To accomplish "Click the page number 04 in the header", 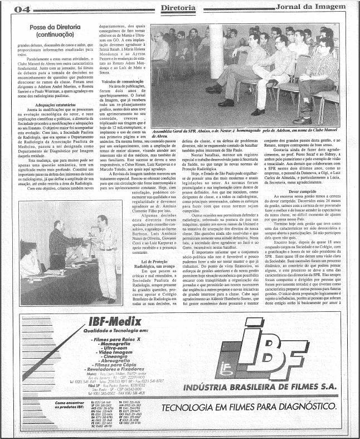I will (x=22, y=8).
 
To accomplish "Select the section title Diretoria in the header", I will (x=178, y=8).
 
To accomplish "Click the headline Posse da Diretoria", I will (x=55, y=27).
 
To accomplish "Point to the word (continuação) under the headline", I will (x=55, y=34).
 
